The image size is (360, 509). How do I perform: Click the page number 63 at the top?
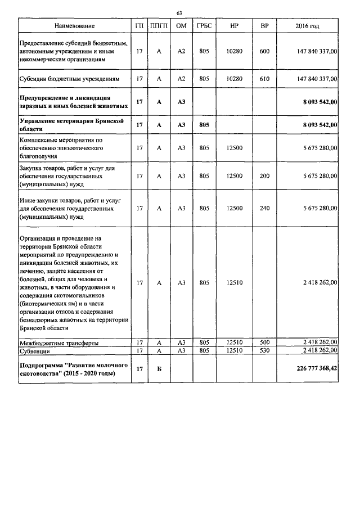179,13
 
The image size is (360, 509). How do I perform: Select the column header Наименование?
74,26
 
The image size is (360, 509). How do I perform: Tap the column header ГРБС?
204,26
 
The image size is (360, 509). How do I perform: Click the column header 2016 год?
307,26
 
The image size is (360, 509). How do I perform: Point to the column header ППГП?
159,26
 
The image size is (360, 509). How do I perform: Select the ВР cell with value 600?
264,52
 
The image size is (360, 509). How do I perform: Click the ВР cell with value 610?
264,79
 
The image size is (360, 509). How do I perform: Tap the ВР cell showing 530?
264,350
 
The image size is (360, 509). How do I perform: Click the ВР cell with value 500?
264,342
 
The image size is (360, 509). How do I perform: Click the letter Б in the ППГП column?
159,369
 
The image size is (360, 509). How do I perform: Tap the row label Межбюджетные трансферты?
59,342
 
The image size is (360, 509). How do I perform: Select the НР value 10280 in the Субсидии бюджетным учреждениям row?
234,79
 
